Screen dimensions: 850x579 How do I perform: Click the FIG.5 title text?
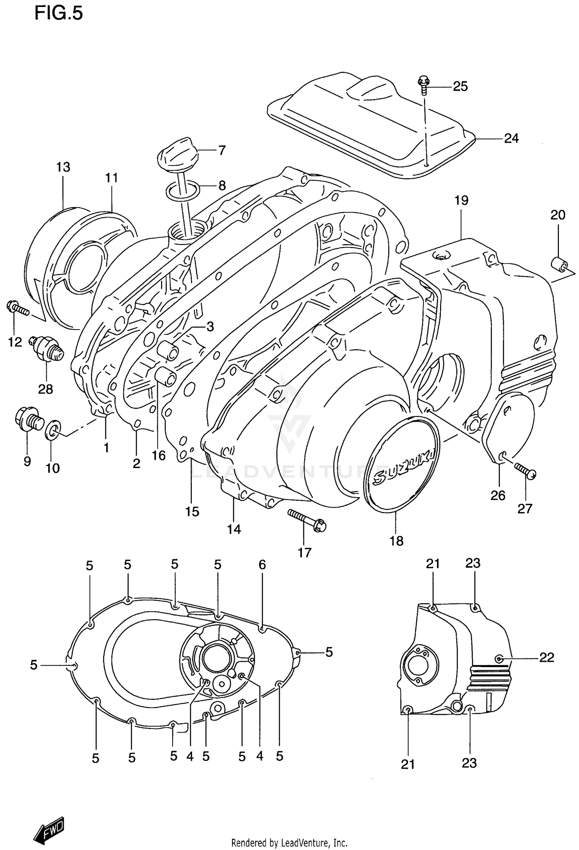[x=59, y=14]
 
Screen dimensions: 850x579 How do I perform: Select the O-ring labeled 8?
[x=183, y=190]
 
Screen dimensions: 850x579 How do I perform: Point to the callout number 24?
[x=511, y=138]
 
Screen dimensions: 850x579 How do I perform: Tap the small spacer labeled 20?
[x=559, y=265]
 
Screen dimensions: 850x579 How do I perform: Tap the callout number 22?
[x=546, y=657]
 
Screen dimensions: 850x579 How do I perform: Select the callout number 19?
[x=461, y=200]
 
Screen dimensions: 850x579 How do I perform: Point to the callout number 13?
[x=63, y=167]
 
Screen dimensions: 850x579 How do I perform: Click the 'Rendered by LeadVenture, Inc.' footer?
[x=289, y=843]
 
